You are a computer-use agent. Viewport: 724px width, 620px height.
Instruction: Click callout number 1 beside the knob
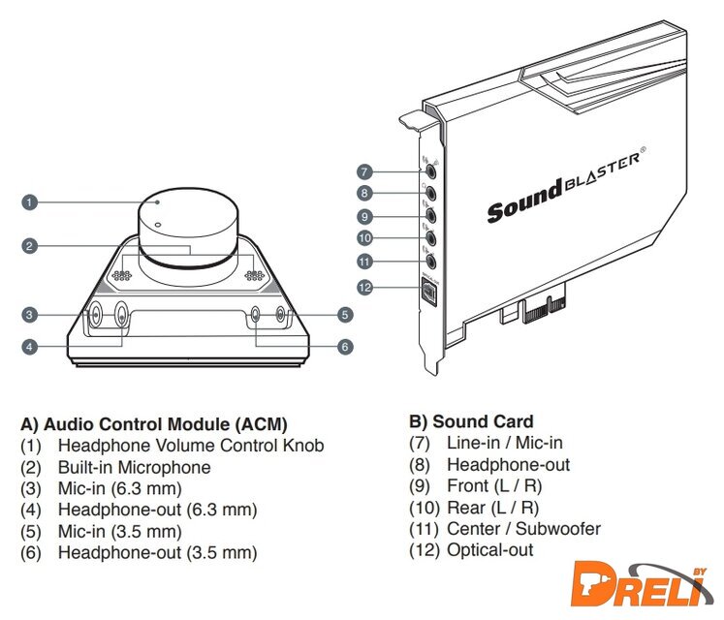coord(30,202)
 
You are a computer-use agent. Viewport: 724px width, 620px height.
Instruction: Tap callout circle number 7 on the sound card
coord(364,171)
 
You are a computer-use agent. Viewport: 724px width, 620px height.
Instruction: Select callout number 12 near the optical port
coord(364,287)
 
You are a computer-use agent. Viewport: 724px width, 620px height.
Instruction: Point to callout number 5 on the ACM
coord(345,314)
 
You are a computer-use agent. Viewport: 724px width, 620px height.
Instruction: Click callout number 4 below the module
coord(30,346)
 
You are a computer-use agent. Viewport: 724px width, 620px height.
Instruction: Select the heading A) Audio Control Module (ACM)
coord(154,424)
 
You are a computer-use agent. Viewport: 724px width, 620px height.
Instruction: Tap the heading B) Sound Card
coord(471,421)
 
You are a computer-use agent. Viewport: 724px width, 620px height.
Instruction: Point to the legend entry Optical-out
coord(489,550)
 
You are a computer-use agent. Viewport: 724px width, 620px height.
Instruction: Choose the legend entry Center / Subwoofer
coord(523,529)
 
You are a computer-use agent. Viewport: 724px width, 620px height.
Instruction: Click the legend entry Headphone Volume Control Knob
coord(191,446)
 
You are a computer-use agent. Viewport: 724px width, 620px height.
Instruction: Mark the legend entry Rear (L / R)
coord(492,507)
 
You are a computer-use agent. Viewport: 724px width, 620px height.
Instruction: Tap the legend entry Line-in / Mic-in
coord(504,443)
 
